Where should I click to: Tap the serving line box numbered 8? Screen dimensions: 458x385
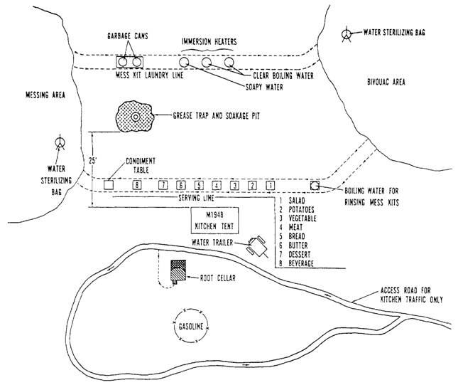pos(137,185)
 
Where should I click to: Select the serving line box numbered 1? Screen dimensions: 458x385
pos(271,185)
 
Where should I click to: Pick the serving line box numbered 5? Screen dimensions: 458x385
pos(199,185)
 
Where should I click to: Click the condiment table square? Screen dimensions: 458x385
pos(109,185)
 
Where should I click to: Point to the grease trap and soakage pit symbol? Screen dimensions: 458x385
pos(135,117)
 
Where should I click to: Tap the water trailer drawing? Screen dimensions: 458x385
pos(257,246)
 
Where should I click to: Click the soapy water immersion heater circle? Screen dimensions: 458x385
pos(184,62)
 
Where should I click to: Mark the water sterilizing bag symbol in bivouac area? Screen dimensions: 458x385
pos(347,34)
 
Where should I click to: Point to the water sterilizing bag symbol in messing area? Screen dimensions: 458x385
pos(60,142)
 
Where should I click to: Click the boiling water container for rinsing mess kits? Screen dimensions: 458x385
pos(315,185)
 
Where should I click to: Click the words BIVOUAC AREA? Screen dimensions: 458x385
pos(386,82)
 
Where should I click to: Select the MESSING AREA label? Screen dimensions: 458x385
pos(45,95)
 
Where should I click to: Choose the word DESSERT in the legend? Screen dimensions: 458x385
pos(300,255)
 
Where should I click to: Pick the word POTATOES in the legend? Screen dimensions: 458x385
pos(301,210)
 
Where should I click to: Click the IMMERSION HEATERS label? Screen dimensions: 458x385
pos(209,42)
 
